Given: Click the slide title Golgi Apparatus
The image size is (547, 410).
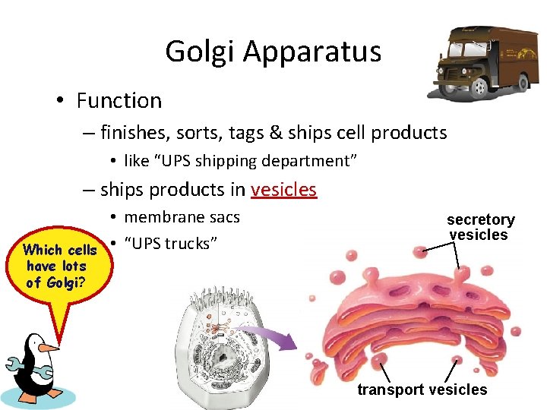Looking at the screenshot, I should click(x=273, y=52).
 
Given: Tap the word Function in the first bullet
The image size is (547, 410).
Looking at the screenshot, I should click(x=119, y=100).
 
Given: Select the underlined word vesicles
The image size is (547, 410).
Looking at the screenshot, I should click(x=283, y=189).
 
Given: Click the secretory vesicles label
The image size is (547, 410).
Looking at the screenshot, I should click(x=480, y=227).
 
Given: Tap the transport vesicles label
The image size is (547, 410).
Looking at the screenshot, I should click(x=422, y=389).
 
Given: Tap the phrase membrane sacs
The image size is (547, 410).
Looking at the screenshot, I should click(x=182, y=217).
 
